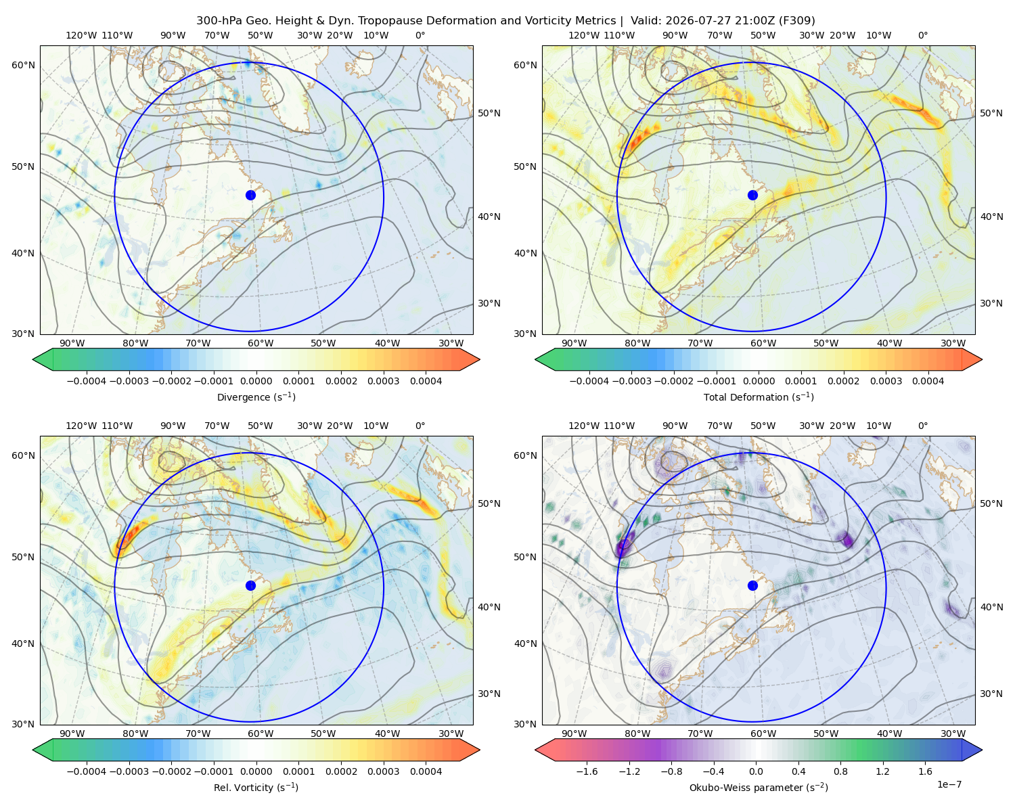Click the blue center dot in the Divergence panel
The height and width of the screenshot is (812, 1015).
tap(250, 195)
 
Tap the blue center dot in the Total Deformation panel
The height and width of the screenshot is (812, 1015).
tap(752, 195)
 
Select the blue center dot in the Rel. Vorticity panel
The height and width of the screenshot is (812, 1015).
tap(250, 585)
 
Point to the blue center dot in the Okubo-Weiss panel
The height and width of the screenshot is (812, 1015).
tap(752, 585)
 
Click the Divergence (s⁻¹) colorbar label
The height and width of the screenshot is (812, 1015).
tap(256, 397)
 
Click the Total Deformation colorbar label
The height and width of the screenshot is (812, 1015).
tap(759, 397)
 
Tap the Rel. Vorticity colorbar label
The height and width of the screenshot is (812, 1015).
tap(256, 787)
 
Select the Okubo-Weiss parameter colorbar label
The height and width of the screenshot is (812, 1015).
tap(759, 787)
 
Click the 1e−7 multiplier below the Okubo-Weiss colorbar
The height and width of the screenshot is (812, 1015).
tap(949, 784)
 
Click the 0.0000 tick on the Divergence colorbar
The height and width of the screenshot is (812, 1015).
tap(256, 381)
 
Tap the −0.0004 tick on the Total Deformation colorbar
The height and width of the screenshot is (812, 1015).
tap(589, 381)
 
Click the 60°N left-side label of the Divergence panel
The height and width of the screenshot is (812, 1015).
tap(23, 65)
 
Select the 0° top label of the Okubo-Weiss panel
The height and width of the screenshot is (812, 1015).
tap(922, 425)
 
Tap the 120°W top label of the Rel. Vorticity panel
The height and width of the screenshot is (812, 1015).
tap(81, 425)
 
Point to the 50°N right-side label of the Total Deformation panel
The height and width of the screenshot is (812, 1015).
tap(991, 113)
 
